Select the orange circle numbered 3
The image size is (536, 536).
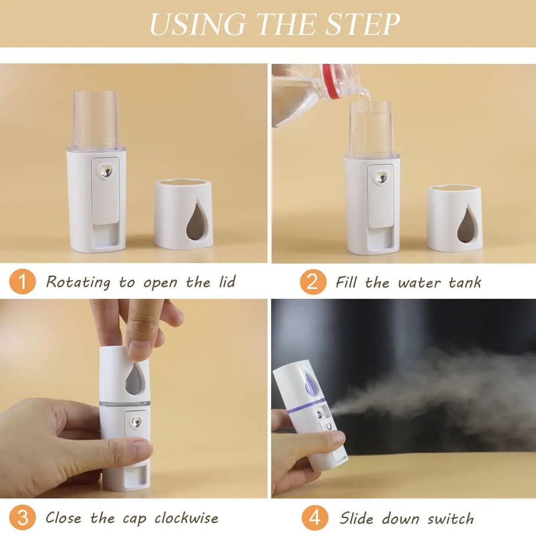point(23,518)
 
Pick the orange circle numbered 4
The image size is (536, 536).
point(315,518)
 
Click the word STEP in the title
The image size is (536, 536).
point(361,24)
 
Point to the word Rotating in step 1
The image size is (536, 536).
point(79,283)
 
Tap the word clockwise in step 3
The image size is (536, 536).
point(186,518)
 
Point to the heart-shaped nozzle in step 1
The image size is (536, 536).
point(106,172)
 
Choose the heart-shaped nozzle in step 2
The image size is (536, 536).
point(381,177)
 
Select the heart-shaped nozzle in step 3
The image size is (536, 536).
point(136,422)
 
